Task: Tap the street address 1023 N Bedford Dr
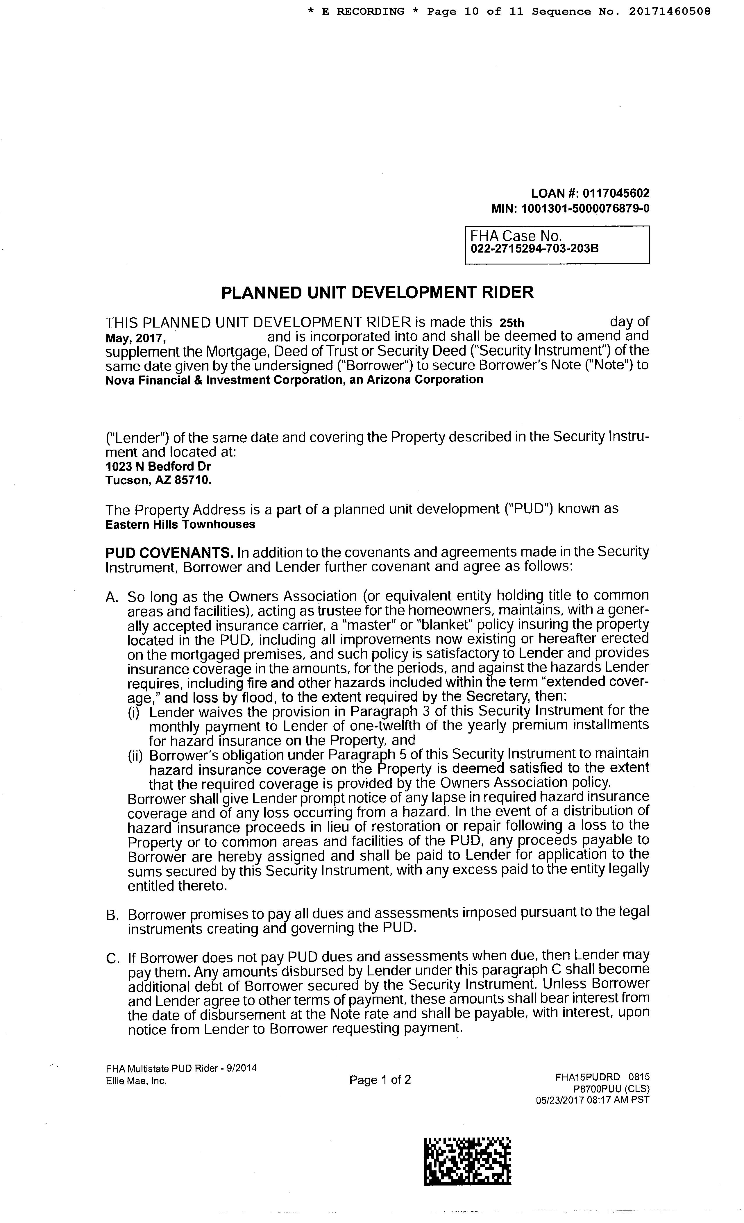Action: pyautogui.click(x=158, y=466)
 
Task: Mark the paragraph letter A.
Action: pyautogui.click(x=111, y=597)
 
